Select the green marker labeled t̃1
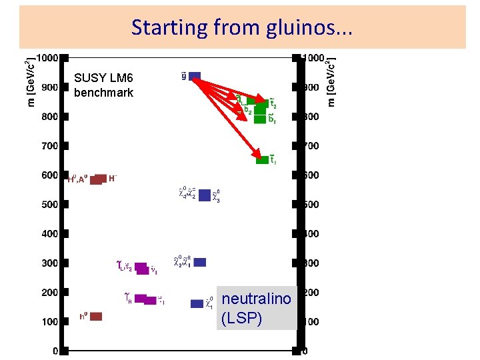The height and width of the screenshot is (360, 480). [263, 159]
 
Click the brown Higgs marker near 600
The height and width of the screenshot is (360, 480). [99, 179]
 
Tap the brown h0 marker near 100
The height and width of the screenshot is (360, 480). [95, 316]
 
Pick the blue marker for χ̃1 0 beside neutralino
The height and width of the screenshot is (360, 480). [197, 303]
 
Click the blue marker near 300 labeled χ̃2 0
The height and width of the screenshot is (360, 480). [200, 262]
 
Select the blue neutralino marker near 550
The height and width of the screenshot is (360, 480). [205, 195]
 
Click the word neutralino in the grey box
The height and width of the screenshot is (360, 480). [256, 299]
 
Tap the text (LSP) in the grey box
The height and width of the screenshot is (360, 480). [241, 318]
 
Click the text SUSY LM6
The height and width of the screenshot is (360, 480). [103, 79]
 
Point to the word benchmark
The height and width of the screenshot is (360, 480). [103, 93]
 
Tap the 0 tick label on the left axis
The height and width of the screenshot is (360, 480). [55, 351]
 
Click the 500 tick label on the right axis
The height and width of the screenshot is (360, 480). [311, 205]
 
